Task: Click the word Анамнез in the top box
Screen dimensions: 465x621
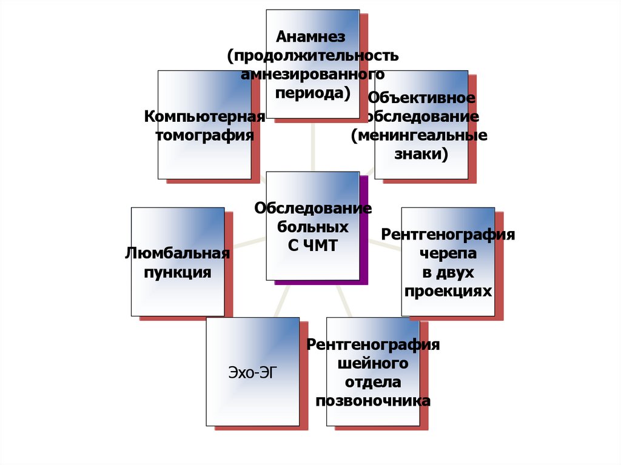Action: click(x=311, y=37)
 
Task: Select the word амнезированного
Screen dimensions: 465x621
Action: click(x=312, y=75)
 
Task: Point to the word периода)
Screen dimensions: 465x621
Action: click(x=312, y=93)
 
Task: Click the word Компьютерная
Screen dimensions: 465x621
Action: click(x=204, y=116)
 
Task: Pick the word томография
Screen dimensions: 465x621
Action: click(x=205, y=135)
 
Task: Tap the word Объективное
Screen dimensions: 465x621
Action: click(x=421, y=98)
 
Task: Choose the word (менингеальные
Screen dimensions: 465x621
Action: click(x=419, y=135)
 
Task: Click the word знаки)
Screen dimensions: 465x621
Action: click(x=421, y=154)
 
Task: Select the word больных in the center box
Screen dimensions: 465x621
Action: click(x=313, y=227)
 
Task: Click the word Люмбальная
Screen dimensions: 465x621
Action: click(x=177, y=253)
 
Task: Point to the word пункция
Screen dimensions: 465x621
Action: click(x=177, y=272)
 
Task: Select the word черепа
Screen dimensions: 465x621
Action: click(x=448, y=253)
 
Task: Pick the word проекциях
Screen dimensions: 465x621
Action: click(x=448, y=291)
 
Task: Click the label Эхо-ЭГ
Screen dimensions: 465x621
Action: click(x=252, y=372)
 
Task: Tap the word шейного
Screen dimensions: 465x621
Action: click(x=373, y=363)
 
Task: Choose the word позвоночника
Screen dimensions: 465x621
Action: click(x=373, y=401)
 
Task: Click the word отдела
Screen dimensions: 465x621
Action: click(x=373, y=382)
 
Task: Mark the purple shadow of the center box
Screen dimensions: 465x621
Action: click(x=364, y=230)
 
